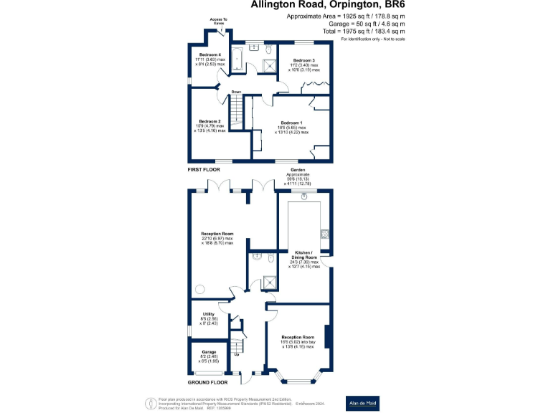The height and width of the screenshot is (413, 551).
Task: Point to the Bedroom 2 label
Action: point(209,121)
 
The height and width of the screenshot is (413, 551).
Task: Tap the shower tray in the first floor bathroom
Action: point(268,66)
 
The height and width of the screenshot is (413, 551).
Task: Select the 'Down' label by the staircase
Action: point(235,92)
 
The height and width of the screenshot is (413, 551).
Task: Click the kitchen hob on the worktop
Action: point(325,233)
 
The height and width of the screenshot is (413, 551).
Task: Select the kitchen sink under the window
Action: point(304,195)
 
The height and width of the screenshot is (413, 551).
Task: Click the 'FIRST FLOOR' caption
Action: point(203,169)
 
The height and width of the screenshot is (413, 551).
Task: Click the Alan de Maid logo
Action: point(362,402)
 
